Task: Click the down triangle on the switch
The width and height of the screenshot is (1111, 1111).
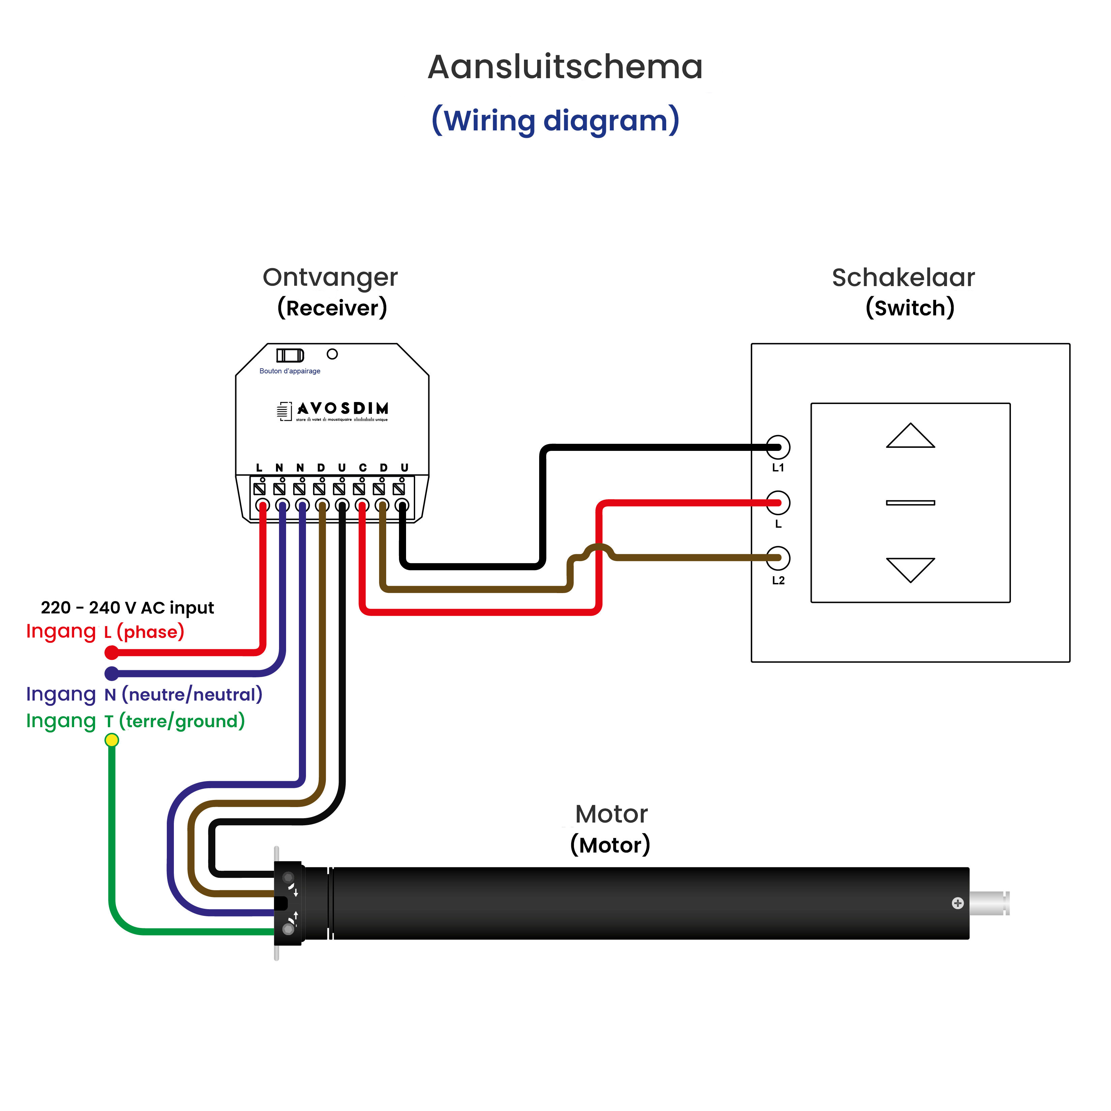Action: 910,568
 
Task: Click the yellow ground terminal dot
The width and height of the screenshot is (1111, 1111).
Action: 112,740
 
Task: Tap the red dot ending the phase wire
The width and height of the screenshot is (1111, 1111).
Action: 112,653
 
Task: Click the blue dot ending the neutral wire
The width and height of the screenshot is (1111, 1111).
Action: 112,673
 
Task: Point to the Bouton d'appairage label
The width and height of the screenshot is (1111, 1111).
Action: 290,371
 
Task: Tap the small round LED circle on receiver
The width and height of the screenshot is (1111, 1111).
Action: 332,354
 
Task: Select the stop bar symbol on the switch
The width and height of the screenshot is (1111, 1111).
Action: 910,503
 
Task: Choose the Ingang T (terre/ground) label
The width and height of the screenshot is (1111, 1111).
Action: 136,721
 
